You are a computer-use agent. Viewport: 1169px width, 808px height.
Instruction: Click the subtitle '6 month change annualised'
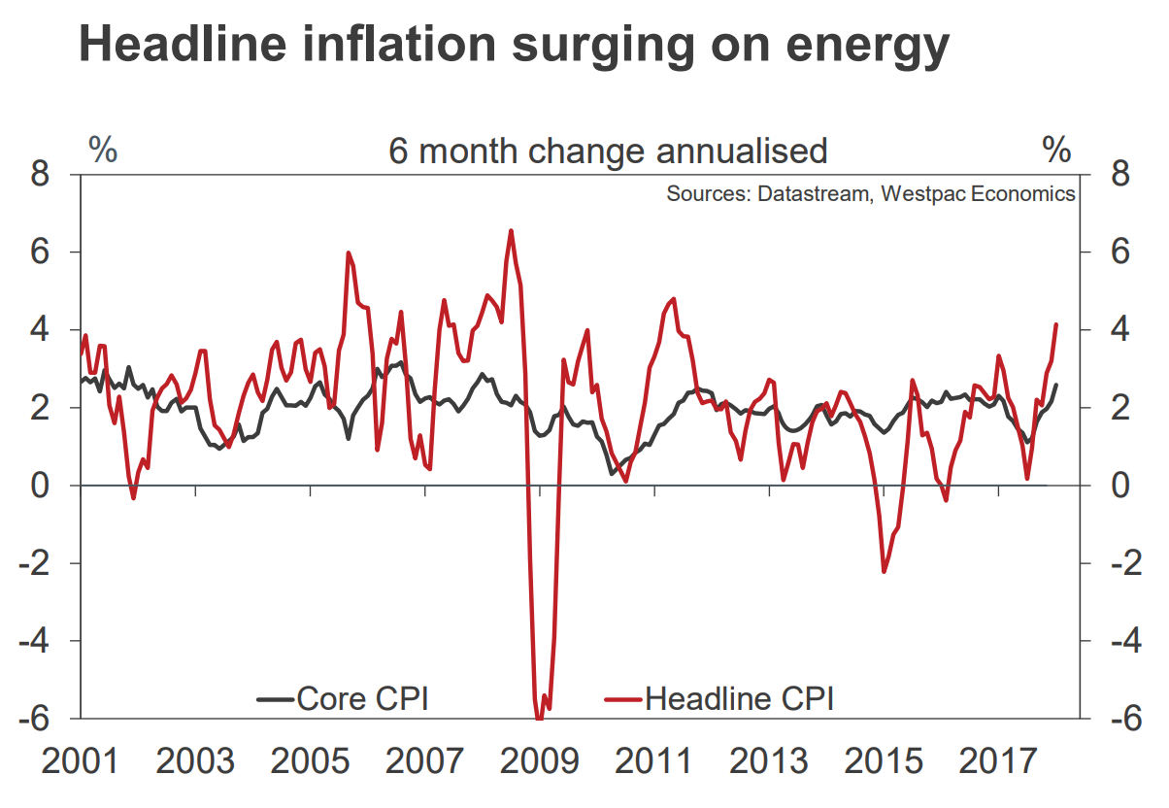[x=608, y=151]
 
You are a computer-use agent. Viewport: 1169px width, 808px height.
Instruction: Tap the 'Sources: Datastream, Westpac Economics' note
[x=870, y=193]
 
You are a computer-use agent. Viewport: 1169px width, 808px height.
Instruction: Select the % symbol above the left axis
[x=103, y=150]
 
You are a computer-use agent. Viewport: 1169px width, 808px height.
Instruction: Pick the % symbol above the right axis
[x=1056, y=150]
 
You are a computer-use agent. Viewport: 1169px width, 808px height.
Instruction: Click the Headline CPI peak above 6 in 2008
[x=511, y=230]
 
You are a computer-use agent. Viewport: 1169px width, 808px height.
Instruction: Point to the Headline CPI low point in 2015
[x=884, y=571]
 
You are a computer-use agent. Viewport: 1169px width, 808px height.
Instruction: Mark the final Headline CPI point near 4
[x=1056, y=324]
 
